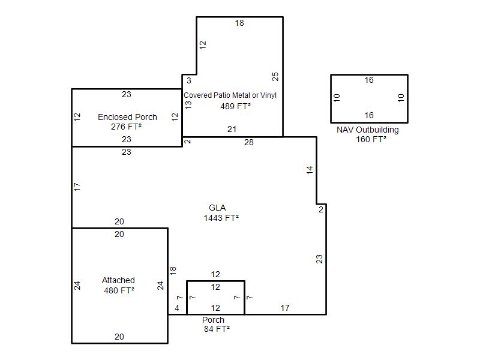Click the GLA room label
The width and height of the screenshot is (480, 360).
pos(217,208)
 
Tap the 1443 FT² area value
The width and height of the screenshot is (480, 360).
pos(221,218)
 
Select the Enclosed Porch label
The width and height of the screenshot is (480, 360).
pos(127,117)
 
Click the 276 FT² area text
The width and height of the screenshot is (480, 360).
pos(126,127)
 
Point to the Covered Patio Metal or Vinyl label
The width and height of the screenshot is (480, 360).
pos(230,95)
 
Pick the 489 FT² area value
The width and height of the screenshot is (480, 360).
pos(235,106)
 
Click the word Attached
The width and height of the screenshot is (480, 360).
pos(118,280)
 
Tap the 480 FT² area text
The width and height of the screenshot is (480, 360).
pos(119,290)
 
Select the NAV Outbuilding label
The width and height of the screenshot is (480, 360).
pos(368,130)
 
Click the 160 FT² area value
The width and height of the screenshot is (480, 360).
pos(371,139)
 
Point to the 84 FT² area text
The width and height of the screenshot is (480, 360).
pos(217,329)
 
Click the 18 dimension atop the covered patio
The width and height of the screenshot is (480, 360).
pos(239,23)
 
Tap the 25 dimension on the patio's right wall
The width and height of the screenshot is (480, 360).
pos(275,77)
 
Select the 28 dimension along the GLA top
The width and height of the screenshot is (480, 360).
pos(249,142)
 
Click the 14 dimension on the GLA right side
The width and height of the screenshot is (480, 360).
pos(310,170)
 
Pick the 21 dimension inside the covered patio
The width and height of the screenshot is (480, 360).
pos(232,129)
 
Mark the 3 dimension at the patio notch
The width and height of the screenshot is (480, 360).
pos(189,80)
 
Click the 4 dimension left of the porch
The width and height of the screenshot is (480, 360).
pos(177,308)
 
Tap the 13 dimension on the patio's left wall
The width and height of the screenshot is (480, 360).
pos(188,105)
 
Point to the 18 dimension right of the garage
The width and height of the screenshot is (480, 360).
pos(173,271)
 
